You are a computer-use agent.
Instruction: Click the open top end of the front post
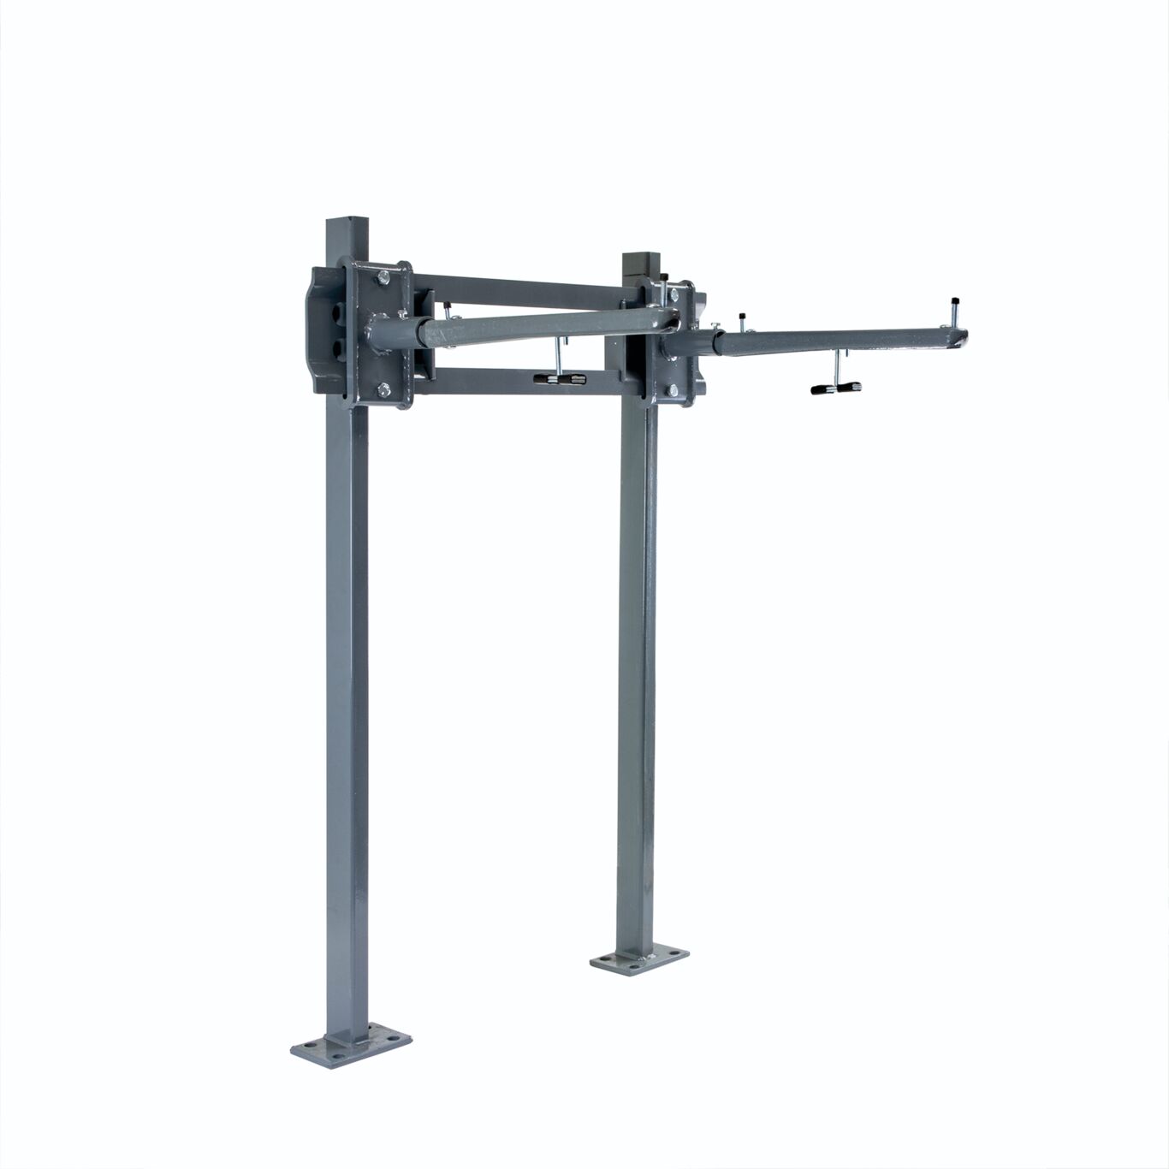click(347, 221)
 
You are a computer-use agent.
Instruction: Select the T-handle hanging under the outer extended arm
click(835, 388)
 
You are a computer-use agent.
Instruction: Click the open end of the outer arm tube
click(962, 337)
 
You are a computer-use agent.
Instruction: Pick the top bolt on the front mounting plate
click(383, 276)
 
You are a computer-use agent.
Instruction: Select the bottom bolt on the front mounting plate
click(383, 391)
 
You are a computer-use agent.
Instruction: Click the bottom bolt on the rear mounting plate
click(673, 390)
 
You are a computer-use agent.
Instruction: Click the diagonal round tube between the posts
click(548, 327)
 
